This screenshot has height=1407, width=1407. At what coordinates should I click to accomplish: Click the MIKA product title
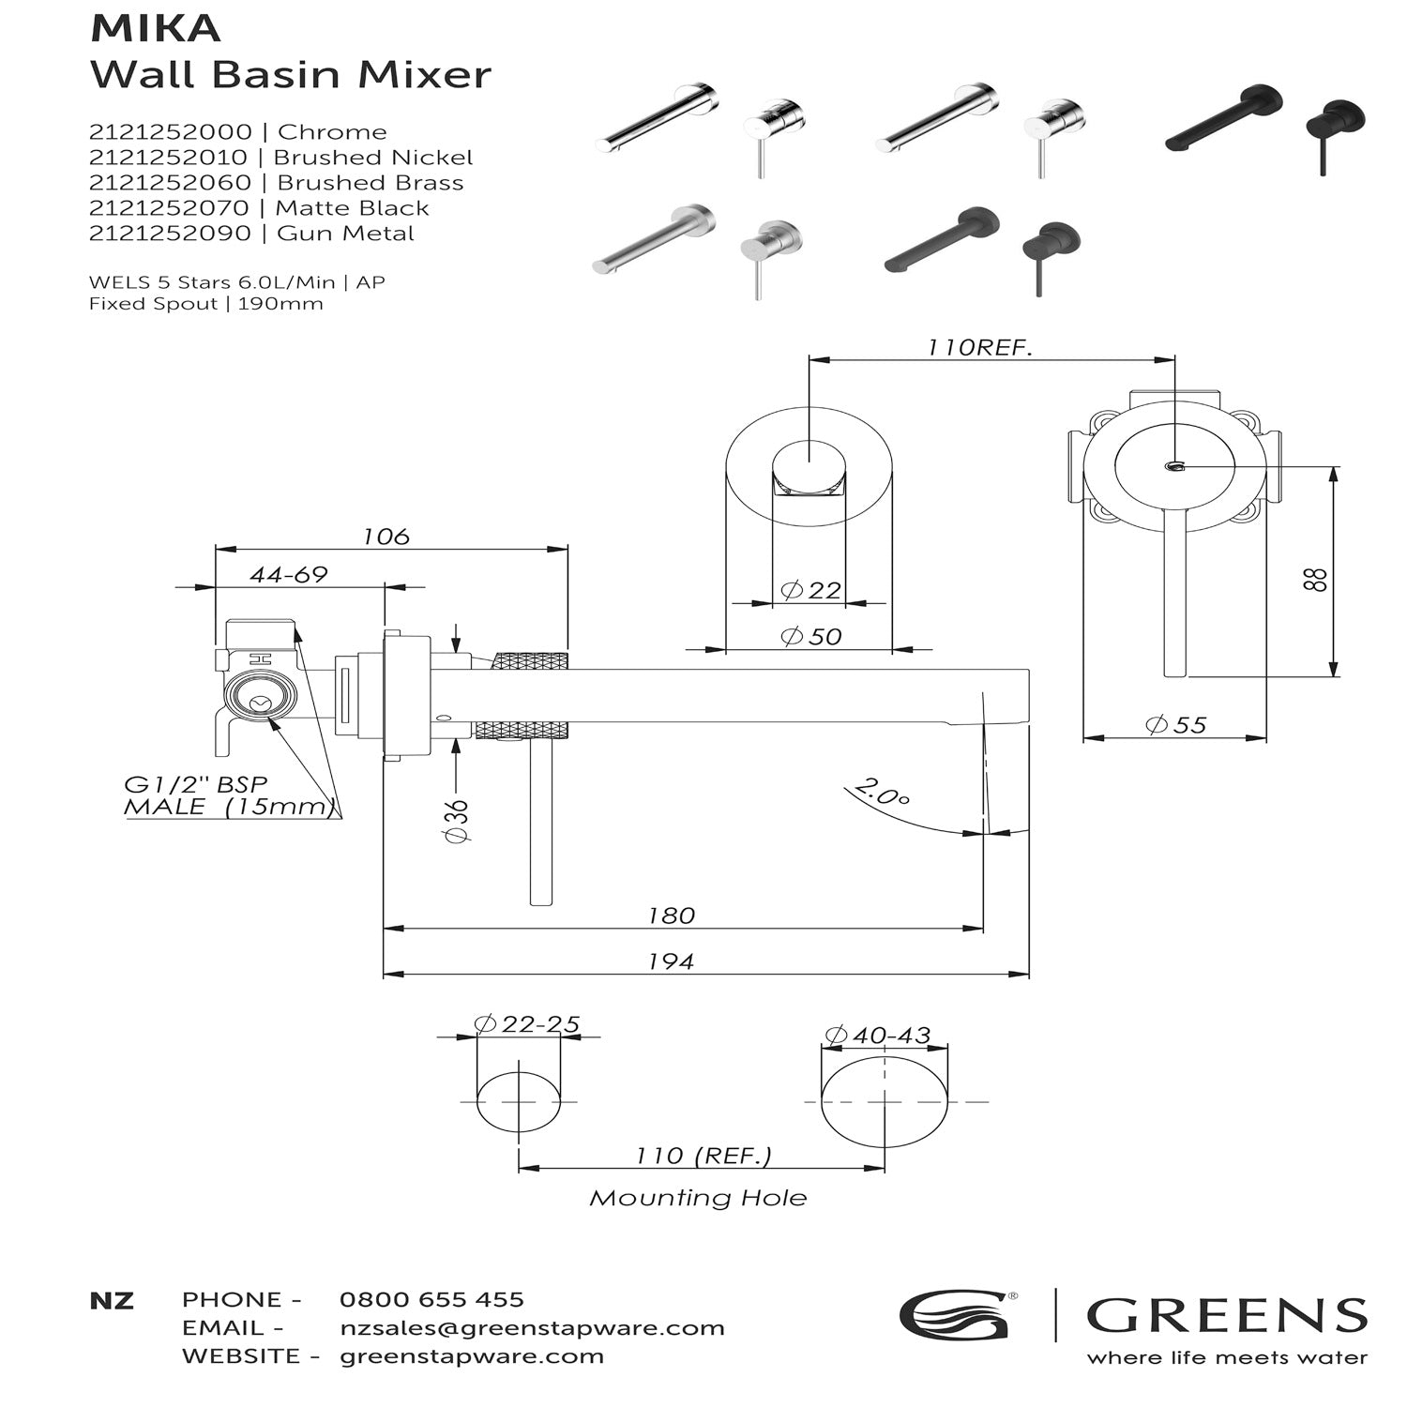156,29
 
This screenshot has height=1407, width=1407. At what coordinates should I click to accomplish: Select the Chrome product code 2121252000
171,132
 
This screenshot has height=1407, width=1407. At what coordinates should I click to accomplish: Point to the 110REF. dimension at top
980,347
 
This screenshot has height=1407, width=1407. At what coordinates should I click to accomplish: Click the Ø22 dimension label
810,590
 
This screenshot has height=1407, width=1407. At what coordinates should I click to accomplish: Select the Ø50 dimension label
810,636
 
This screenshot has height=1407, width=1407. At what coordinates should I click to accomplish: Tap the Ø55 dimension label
1175,725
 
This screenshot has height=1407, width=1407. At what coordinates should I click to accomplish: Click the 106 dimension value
386,537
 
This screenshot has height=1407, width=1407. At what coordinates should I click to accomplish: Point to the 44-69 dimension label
289,575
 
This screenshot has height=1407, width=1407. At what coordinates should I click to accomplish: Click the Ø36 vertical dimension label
457,821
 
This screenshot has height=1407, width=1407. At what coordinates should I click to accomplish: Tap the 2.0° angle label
882,793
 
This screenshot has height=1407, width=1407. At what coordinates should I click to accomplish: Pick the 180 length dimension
672,915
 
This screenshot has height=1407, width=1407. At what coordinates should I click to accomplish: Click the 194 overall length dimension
672,961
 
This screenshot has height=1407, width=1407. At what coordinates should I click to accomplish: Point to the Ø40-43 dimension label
877,1035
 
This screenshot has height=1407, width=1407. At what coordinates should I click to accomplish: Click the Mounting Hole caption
698,1198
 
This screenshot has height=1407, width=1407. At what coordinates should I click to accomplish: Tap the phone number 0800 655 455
431,1299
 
